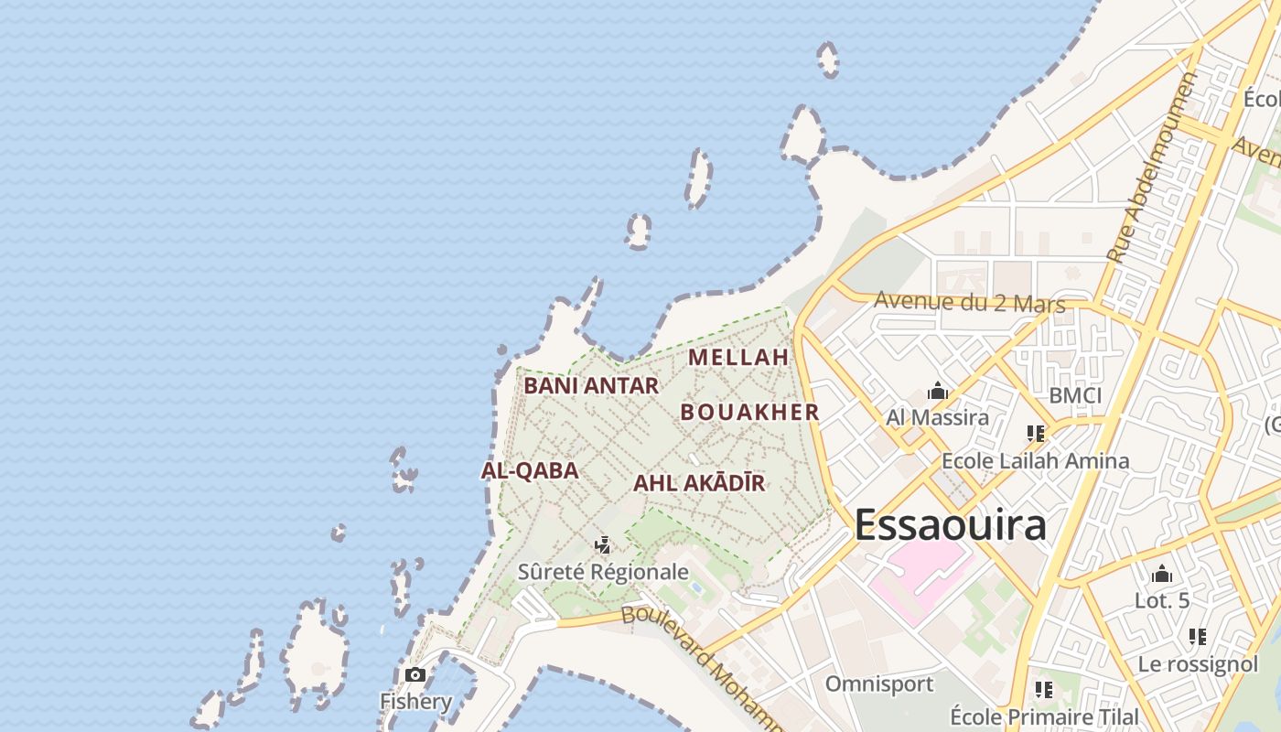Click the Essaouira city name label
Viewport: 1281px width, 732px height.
[x=950, y=525]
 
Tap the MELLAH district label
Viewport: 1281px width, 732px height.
[x=738, y=357]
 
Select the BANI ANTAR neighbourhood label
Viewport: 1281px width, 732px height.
[x=591, y=386]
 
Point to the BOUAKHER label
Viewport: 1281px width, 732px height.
[x=749, y=413]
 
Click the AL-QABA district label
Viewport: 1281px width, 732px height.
[x=530, y=471]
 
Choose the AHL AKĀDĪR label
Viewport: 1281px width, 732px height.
[x=699, y=483]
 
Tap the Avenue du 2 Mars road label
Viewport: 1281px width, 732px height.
[x=969, y=302]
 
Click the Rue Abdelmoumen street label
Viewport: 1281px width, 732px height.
[x=1151, y=169]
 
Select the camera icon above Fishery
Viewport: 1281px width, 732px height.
[x=415, y=675]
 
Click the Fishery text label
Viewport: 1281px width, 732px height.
[x=415, y=702]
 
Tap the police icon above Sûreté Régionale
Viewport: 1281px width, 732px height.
[x=602, y=546]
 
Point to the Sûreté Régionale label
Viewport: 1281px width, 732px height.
[x=603, y=572]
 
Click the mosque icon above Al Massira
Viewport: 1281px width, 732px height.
[x=937, y=393]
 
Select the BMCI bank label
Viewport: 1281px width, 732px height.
[x=1075, y=396]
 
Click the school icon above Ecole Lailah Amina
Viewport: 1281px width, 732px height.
[x=1035, y=434]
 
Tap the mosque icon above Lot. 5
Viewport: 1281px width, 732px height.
[x=1162, y=575]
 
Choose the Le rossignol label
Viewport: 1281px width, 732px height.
[x=1198, y=664]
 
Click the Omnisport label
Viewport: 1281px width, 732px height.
[x=878, y=684]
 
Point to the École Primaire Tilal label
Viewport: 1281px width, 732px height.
[x=1044, y=716]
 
